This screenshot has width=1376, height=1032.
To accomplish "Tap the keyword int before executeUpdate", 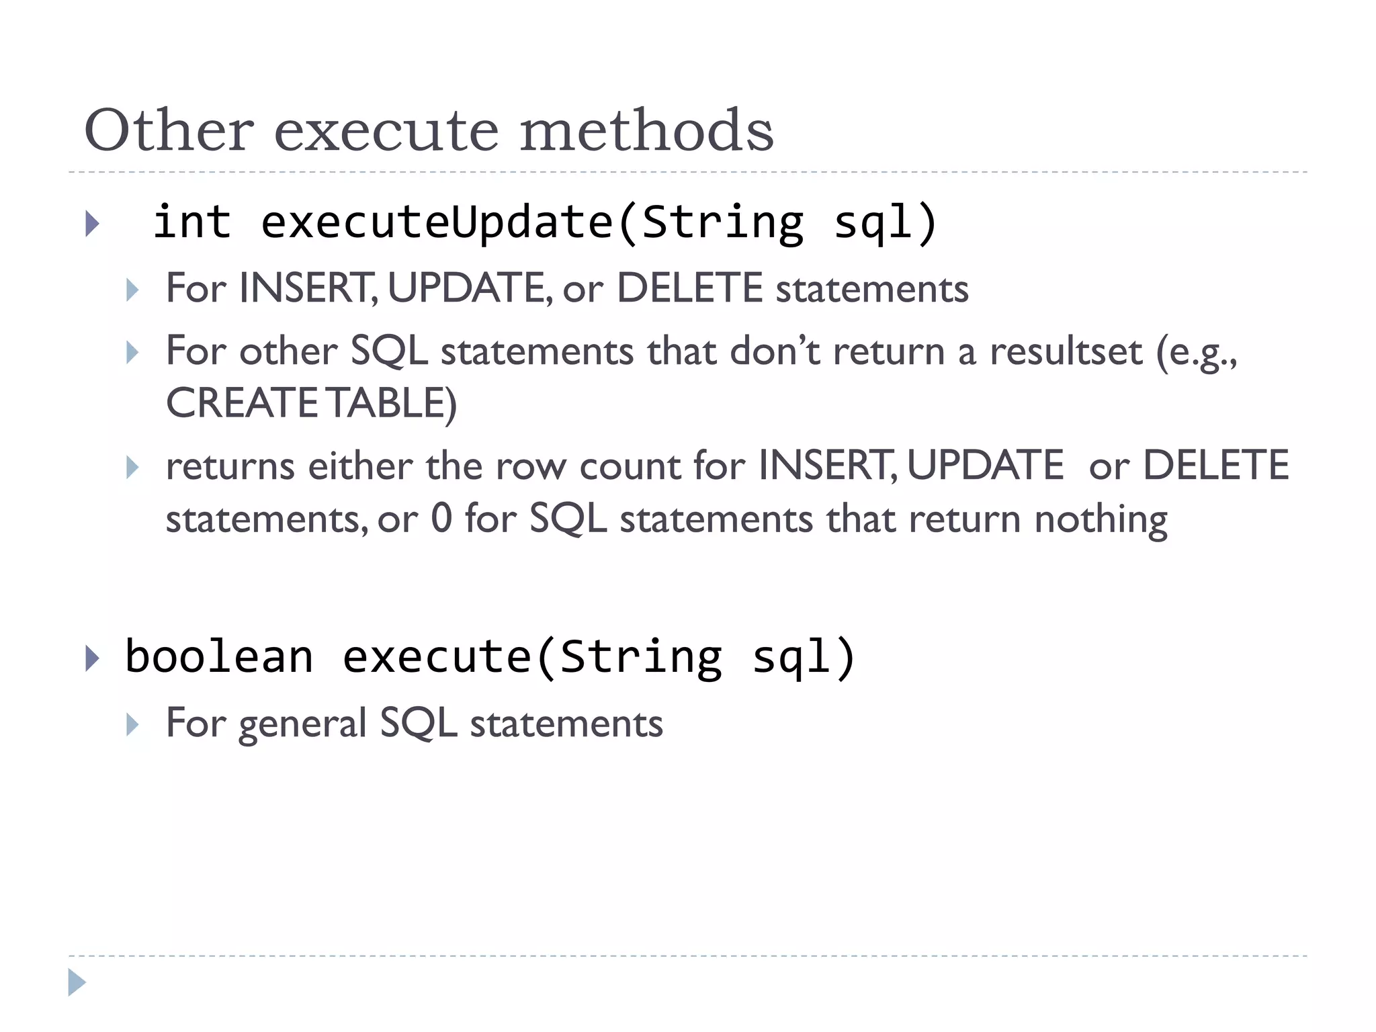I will [x=192, y=222].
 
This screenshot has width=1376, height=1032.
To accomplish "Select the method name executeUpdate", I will [x=437, y=224].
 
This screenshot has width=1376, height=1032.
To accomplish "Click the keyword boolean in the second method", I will [x=219, y=657].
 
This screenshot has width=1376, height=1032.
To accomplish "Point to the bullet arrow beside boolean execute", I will [x=93, y=658].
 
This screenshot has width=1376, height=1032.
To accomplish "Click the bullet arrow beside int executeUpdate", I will [x=93, y=224].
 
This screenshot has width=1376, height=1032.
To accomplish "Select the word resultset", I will [x=1066, y=351].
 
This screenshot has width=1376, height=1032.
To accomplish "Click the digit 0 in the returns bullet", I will [x=441, y=519].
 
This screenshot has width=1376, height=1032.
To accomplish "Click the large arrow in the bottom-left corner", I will [x=77, y=982].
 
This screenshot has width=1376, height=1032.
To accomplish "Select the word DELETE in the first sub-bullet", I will [x=689, y=289].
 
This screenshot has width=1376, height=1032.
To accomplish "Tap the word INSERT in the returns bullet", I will [x=826, y=466].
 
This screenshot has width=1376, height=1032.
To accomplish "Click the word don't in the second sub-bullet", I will [x=775, y=351].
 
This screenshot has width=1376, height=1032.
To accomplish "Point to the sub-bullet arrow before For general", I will [x=132, y=725].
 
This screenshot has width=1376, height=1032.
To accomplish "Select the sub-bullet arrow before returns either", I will [x=132, y=467].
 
